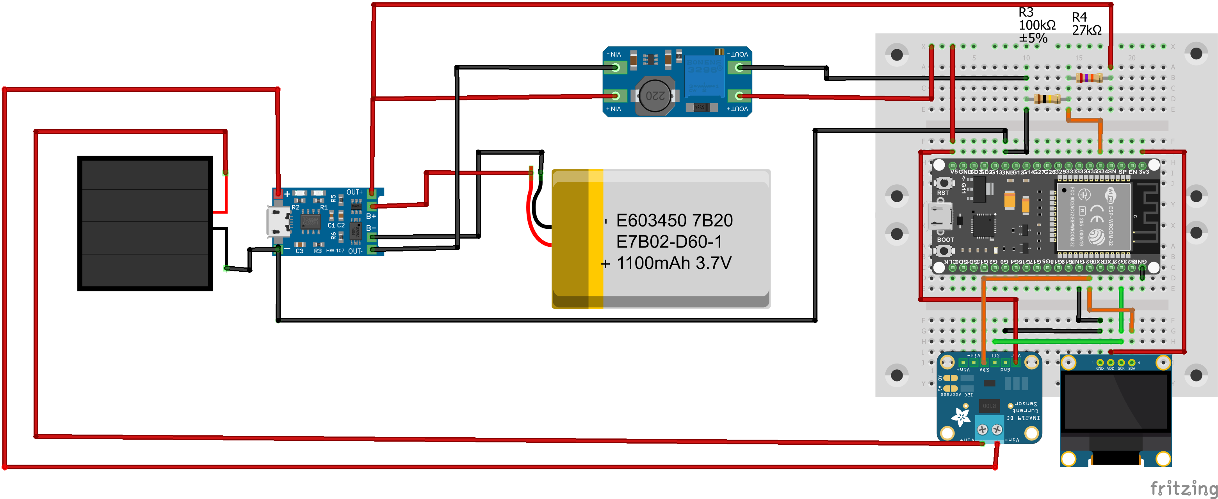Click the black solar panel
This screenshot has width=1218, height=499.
pos(145,223)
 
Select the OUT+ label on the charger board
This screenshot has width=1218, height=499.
pos(354,192)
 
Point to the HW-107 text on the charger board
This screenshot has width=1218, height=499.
pos(335,251)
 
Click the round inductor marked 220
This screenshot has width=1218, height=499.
pos(655,96)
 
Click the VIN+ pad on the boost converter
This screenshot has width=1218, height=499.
pos(615,96)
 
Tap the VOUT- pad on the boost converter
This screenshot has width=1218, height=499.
pos(739,68)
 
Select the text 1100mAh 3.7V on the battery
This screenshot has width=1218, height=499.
pos(674,263)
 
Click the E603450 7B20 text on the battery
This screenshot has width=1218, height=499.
pos(674,221)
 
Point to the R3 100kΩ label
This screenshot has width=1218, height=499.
pos(1036,25)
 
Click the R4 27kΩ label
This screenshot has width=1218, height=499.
pos(1086,24)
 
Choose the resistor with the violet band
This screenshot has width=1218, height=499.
pos(1088,78)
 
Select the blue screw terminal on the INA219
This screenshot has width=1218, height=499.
pos(990,429)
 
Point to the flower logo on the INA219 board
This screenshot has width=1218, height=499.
pos(960,417)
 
